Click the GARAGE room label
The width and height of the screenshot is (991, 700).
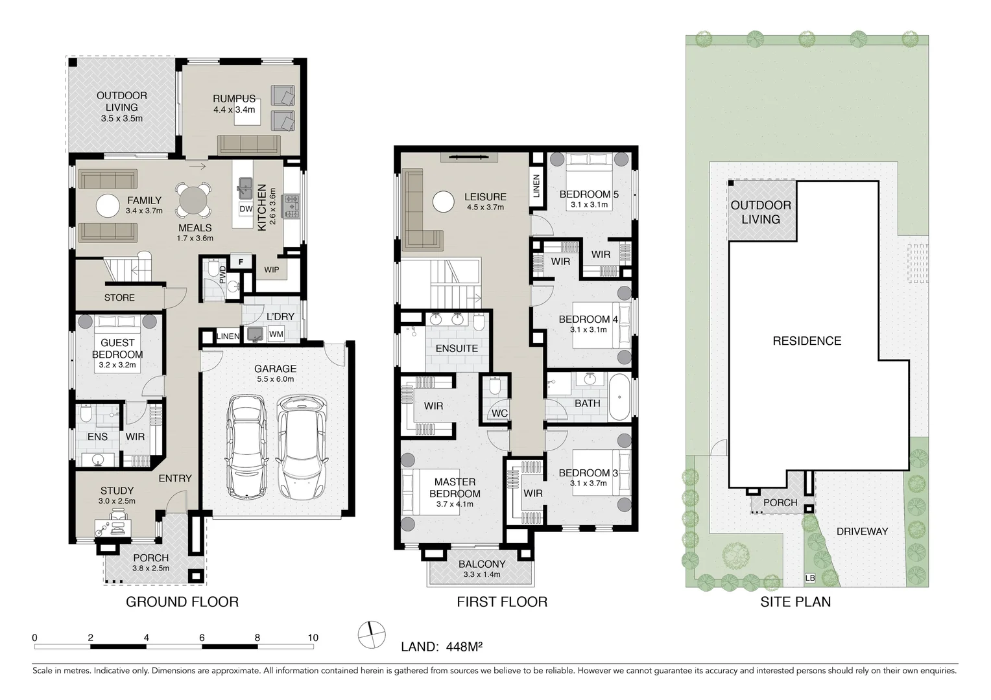[275, 369]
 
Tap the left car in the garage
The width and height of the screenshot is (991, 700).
[246, 447]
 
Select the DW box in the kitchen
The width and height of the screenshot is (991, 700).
[246, 209]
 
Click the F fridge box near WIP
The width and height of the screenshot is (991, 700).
[241, 262]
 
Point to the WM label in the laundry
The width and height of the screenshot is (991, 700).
[276, 334]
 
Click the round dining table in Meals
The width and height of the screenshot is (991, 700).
[194, 201]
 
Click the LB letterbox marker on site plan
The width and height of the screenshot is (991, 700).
[809, 577]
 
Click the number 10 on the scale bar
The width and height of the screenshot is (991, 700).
[313, 638]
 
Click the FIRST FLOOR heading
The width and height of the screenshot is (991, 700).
[502, 601]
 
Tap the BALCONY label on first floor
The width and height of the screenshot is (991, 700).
[481, 564]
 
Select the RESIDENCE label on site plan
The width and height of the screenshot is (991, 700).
[807, 341]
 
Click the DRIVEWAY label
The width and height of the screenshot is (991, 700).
[862, 531]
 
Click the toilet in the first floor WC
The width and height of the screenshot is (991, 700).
[495, 388]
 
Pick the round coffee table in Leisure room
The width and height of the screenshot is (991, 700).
[444, 202]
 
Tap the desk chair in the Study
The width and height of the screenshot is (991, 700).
[118, 515]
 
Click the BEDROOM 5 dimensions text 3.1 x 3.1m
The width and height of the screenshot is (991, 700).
[589, 205]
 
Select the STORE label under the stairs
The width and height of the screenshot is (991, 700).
[119, 297]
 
